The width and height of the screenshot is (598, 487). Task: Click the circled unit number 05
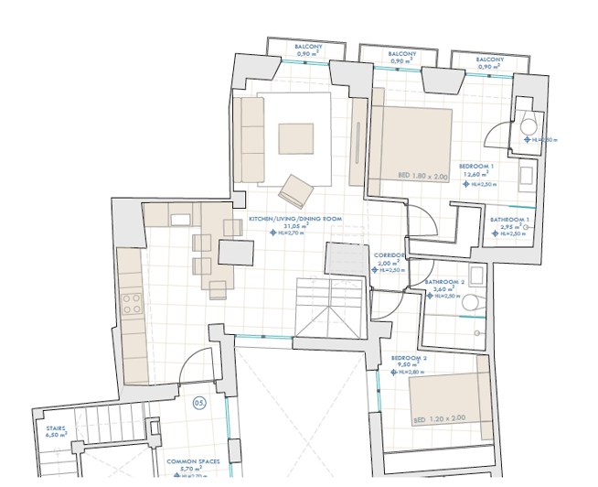pos(199,402)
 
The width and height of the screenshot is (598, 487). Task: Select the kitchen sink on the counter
pos(179,219)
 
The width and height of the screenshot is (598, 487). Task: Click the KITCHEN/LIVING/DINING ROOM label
pos(294,219)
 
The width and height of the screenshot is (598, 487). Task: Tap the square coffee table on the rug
pos(295,137)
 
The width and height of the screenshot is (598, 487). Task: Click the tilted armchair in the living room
pos(296,191)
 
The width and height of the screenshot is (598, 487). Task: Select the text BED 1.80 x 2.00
pos(422,175)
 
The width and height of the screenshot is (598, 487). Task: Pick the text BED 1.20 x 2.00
pos(439,418)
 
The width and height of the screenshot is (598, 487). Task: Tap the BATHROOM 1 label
pos(509,220)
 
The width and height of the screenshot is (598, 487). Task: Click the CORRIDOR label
pos(390,255)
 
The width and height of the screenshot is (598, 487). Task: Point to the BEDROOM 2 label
pos(409,357)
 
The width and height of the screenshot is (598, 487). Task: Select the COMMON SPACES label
pos(191,462)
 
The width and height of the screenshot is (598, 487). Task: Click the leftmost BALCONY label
pos(308,47)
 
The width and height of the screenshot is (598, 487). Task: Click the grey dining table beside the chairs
pos(236,252)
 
